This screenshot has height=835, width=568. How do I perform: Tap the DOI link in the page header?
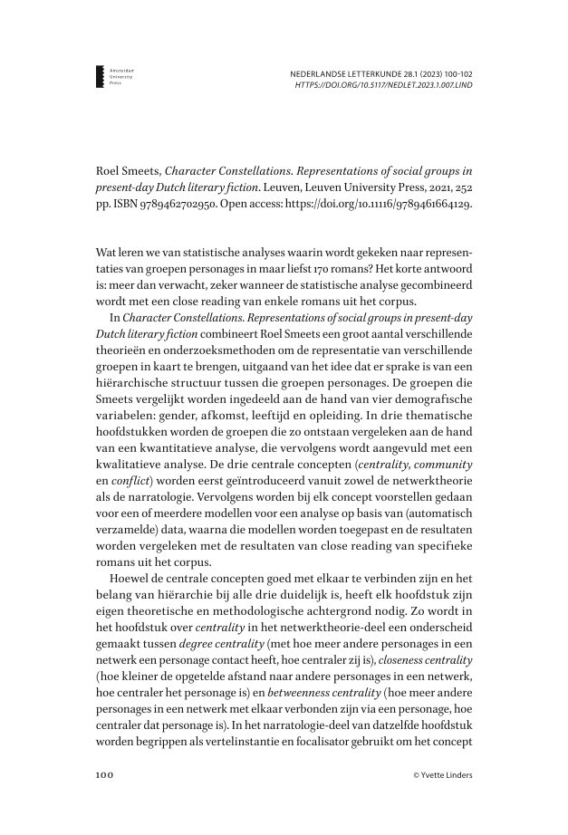pos(384,85)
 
